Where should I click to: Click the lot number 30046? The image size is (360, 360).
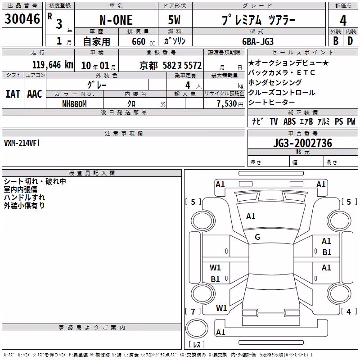coord(22,18)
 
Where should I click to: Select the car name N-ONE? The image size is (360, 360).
coord(116,20)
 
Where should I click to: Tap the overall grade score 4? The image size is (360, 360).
coord(343,21)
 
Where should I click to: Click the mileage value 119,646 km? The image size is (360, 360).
coord(53,65)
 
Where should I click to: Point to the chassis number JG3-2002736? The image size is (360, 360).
coord(302,143)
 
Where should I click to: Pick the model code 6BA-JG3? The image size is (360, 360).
coord(258,41)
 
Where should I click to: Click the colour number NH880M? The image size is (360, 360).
coord(74,104)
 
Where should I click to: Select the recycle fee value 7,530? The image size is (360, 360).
coord(227,104)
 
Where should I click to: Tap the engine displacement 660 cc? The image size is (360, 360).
coord(143,42)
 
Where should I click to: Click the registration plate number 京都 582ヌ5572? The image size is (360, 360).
coord(171,66)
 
